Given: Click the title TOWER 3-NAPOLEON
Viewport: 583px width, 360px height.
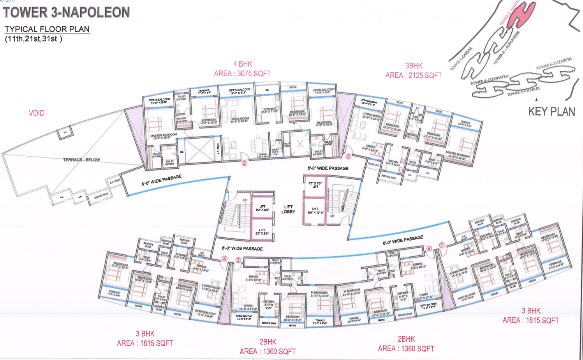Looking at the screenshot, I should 66,12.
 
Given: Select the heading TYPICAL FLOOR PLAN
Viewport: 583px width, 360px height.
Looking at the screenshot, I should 47,29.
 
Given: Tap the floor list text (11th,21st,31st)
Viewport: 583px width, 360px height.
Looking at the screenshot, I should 33,39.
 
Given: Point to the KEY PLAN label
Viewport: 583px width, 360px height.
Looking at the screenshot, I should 551,112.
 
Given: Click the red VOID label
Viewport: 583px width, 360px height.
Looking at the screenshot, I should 37,113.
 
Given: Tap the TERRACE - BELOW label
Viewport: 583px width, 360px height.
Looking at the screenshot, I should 81,160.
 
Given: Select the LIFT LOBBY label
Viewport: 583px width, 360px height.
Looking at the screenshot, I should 288,209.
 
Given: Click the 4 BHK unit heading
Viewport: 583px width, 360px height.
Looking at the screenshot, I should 243,64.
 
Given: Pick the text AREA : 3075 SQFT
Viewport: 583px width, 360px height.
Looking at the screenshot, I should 242,74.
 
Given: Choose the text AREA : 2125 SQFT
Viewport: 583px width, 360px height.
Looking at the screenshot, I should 414,76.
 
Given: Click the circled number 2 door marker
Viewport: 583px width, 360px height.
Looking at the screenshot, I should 244,163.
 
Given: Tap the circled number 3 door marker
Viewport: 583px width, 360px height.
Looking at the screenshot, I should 348,157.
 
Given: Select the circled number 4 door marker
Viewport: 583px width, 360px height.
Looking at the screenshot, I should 225,259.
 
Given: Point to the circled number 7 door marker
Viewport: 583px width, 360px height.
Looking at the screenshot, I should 442,245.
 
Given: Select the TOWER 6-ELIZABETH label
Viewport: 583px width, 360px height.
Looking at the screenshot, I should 554,64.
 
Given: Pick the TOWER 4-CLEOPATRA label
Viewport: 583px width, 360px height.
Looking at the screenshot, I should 489,80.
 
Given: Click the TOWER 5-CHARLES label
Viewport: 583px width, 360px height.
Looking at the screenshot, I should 523,92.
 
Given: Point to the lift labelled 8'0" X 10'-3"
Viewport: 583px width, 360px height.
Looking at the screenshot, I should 315,211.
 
